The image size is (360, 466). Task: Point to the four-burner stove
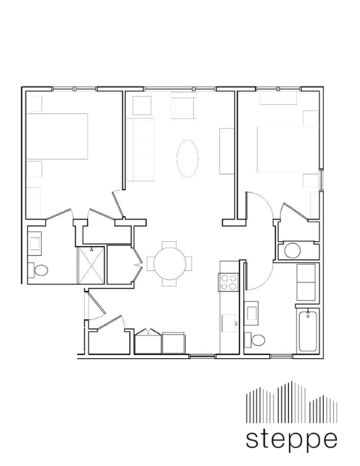[229, 281]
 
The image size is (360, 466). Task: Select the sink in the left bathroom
[35, 242]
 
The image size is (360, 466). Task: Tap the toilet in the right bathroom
[257, 340]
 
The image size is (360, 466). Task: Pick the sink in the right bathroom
[253, 310]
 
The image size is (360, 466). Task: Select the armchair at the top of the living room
[183, 106]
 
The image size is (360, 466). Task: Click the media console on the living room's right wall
[226, 151]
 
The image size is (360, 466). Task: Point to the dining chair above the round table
[169, 245]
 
